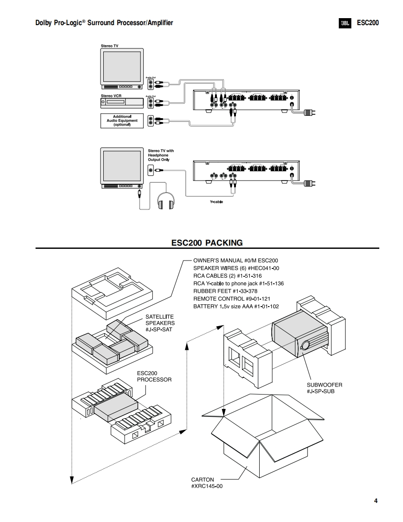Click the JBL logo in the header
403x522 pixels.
tap(345, 23)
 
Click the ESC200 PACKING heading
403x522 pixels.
tap(207, 242)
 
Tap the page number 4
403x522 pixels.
tap(376, 501)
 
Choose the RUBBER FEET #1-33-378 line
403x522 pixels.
tap(225, 291)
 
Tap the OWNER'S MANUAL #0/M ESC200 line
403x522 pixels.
tap(235, 261)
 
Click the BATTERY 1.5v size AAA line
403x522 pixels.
tap(236, 306)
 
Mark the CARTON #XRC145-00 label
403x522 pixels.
tap(207, 482)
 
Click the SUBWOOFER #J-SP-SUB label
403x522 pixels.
tap(324, 388)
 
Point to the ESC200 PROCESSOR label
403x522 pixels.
tap(154, 376)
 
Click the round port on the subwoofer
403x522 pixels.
tap(306, 345)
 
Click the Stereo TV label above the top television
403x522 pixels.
tap(109, 46)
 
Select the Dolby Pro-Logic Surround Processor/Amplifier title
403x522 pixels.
tap(104, 23)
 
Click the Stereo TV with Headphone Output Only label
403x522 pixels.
tap(161, 155)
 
